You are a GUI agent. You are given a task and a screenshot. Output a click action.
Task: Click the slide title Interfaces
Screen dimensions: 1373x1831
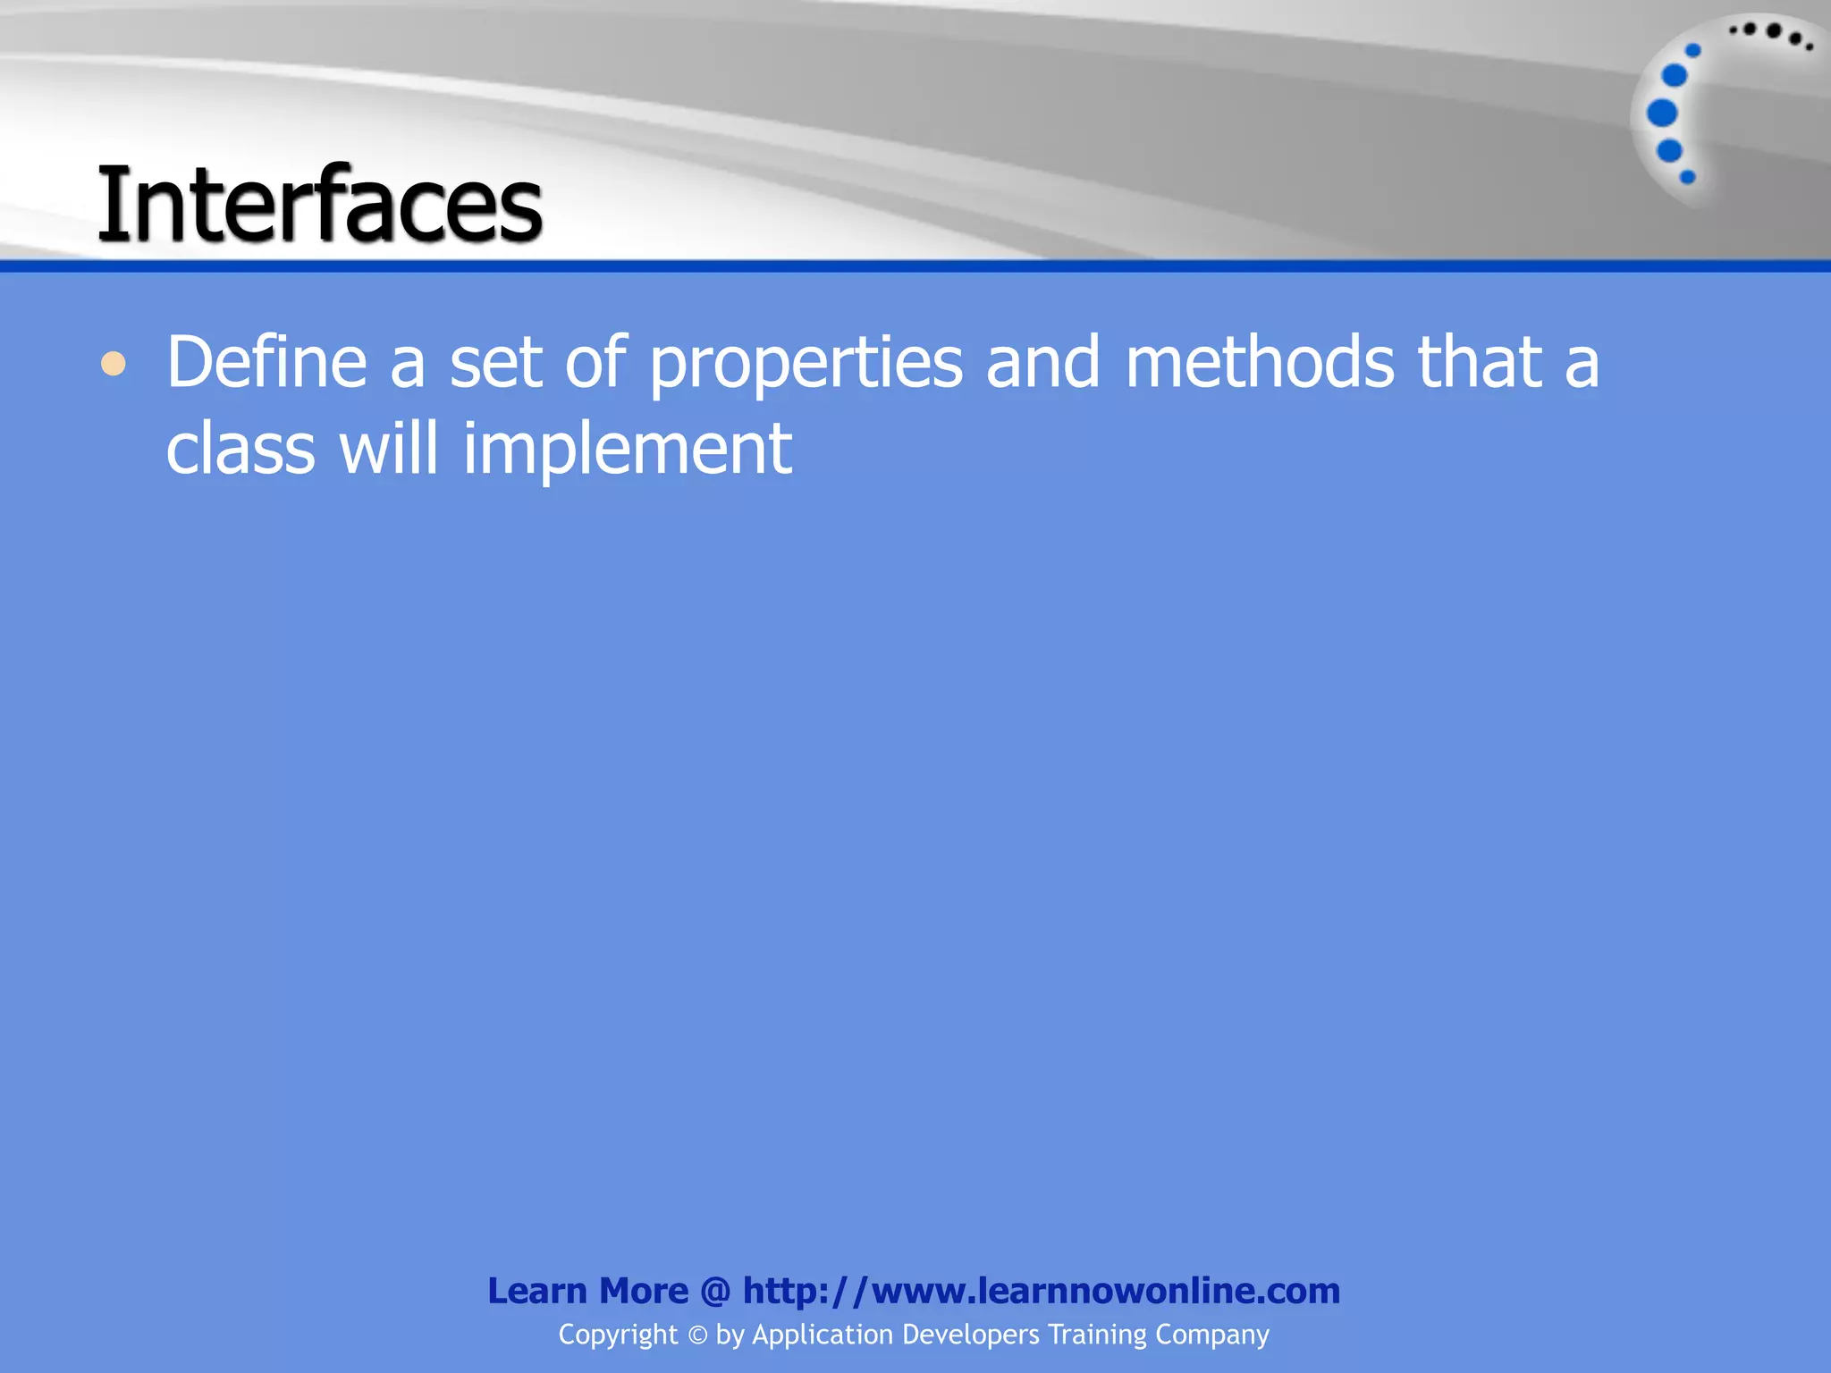[x=319, y=205]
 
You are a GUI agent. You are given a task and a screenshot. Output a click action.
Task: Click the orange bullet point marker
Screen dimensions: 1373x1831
[x=113, y=364]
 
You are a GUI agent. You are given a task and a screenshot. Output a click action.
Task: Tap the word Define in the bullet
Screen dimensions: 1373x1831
[x=266, y=362]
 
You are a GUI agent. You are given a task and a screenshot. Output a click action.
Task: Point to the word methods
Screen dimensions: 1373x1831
[x=1260, y=362]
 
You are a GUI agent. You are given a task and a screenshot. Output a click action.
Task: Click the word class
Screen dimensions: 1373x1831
[x=240, y=449]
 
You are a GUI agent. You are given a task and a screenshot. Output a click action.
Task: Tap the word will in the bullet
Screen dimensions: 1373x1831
[x=388, y=449]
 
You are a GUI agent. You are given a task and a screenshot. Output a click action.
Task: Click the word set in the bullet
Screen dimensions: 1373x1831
[x=495, y=363]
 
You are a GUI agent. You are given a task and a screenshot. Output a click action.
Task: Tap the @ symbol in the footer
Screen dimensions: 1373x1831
[x=715, y=1292]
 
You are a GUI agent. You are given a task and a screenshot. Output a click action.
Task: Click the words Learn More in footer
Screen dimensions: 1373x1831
[x=587, y=1291]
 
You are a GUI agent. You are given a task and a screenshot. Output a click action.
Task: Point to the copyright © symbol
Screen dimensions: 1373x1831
[x=697, y=1335]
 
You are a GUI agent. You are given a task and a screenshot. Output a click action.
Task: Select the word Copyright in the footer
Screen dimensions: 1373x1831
[x=618, y=1335]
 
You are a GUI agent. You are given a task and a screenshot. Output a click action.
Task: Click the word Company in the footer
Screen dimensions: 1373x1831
[x=1211, y=1335]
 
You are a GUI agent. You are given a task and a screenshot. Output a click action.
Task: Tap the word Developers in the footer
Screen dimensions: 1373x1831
[x=971, y=1335]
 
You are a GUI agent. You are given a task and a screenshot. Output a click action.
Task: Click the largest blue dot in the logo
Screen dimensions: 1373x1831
[x=1662, y=114]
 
